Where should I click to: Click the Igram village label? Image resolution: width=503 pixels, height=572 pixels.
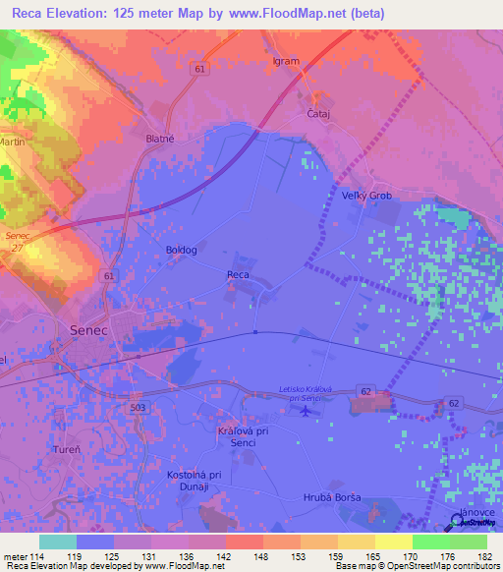pyautogui.click(x=285, y=61)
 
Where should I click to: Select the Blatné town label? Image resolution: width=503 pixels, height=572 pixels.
pyautogui.click(x=159, y=140)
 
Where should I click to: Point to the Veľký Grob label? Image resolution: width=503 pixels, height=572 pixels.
pyautogui.click(x=366, y=196)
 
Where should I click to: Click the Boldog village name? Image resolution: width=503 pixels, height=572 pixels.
pyautogui.click(x=182, y=250)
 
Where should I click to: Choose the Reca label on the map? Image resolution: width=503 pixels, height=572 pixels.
pyautogui.click(x=238, y=274)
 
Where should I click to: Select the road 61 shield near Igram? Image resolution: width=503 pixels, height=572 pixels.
pyautogui.click(x=200, y=68)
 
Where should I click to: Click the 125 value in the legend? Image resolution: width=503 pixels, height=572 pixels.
pyautogui.click(x=133, y=557)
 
